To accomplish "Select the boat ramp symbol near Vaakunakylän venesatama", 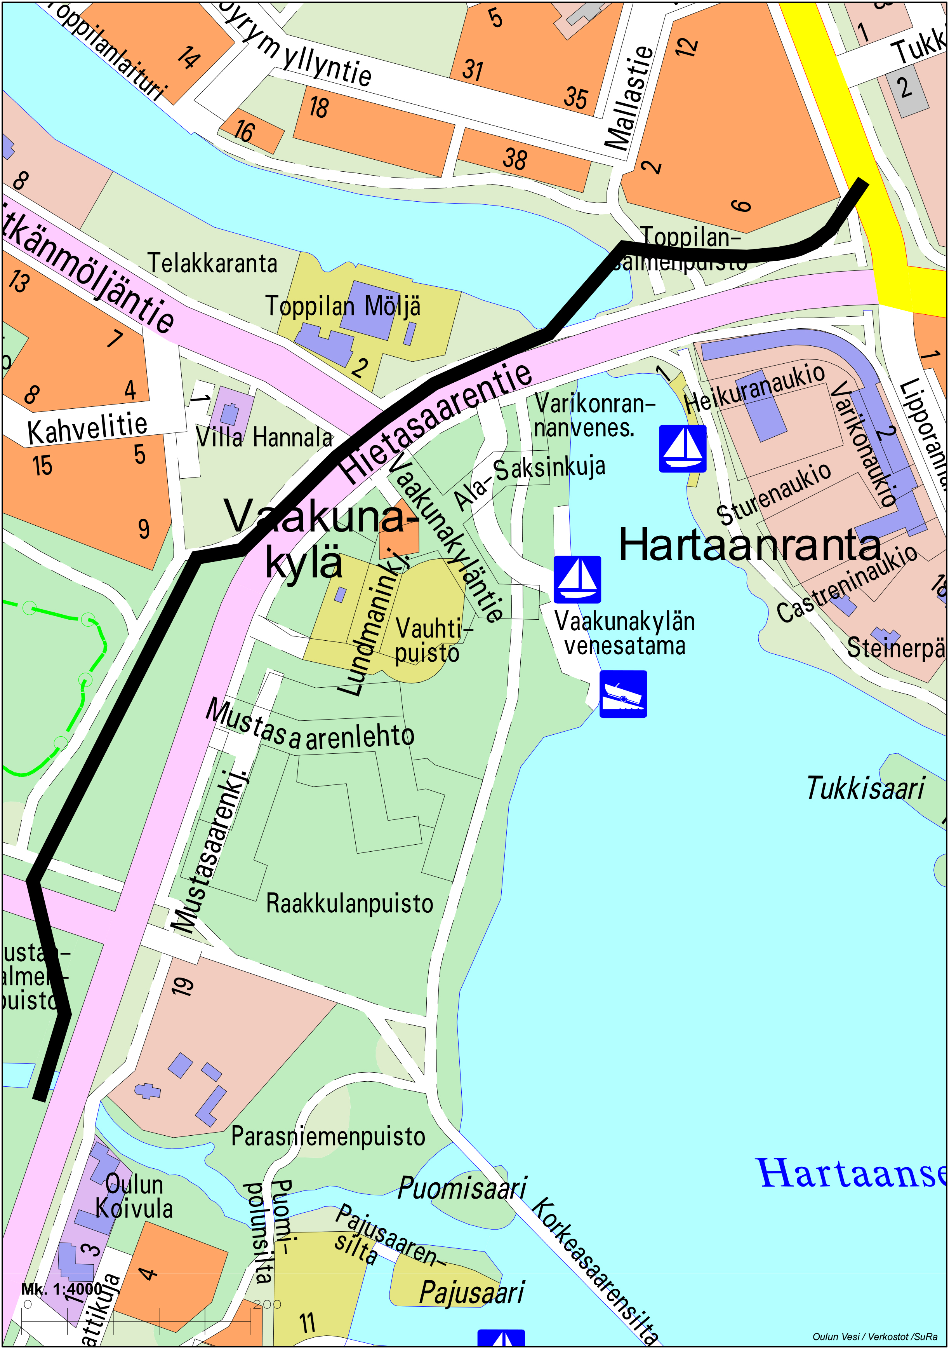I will pyautogui.click(x=623, y=694).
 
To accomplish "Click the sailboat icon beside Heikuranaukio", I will pyautogui.click(x=682, y=449).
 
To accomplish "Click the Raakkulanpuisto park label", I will pyautogui.click(x=349, y=903).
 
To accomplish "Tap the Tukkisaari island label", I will pyautogui.click(x=865, y=788).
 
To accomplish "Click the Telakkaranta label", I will pyautogui.click(x=212, y=263).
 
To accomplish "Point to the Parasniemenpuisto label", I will pyautogui.click(x=328, y=1136).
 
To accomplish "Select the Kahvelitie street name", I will pyautogui.click(x=87, y=428).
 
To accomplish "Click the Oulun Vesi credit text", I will pyautogui.click(x=874, y=1337).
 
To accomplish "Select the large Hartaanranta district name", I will pyautogui.click(x=750, y=545).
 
